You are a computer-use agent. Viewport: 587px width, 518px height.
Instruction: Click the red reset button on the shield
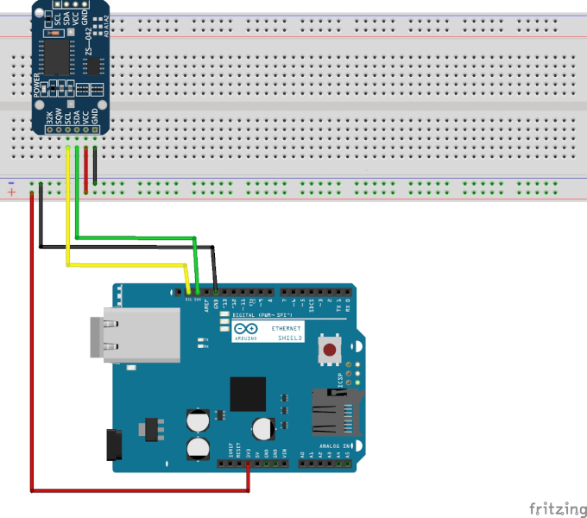330,351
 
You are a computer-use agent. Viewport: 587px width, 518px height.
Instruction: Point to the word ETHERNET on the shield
287,330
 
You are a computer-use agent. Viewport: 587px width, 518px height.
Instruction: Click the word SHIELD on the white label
291,338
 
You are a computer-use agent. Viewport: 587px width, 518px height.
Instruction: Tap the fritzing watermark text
553,506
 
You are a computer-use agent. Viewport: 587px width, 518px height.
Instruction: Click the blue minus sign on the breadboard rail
10,183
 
